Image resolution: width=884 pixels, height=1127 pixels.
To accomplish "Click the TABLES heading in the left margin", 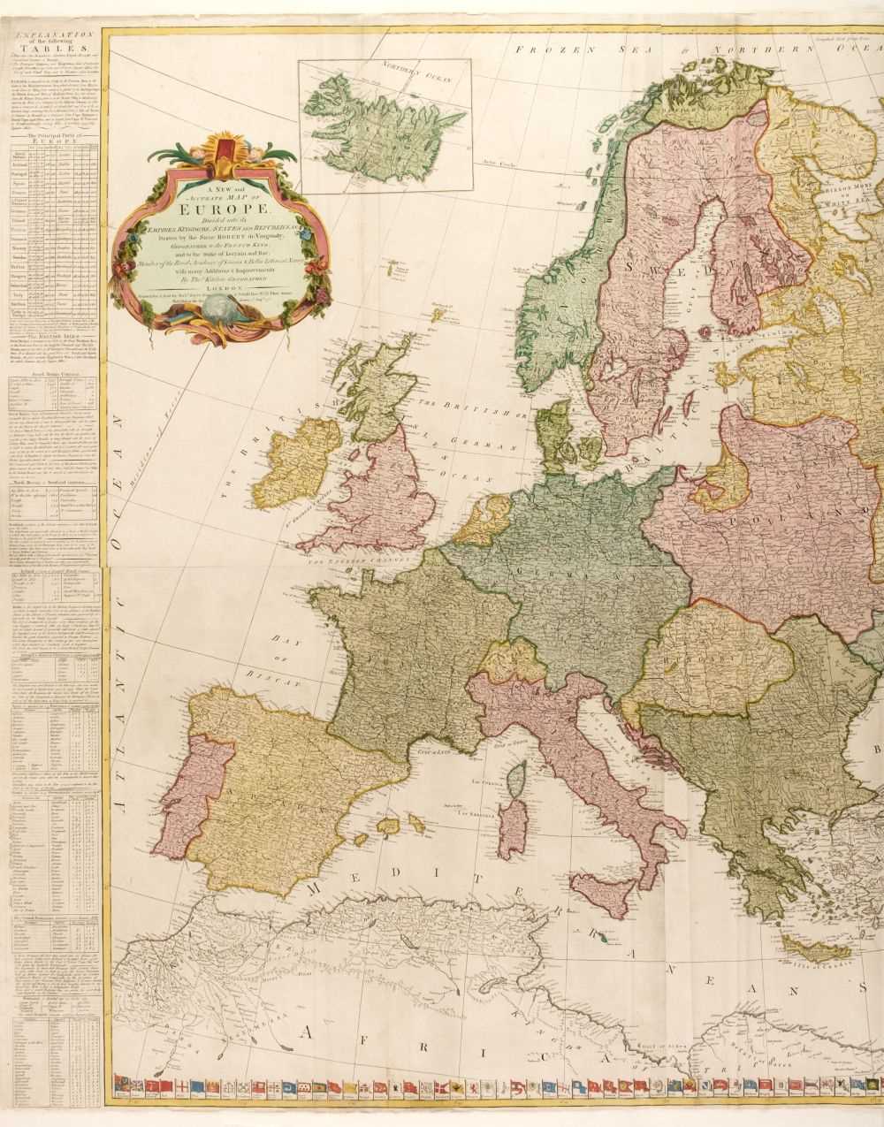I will point(55,52).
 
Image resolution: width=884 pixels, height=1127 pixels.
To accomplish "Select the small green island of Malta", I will point(600,946).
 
